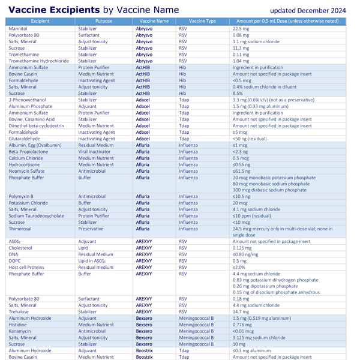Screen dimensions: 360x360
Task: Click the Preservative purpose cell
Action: [x=91, y=229]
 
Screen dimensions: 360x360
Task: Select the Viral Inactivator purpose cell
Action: [x=94, y=152]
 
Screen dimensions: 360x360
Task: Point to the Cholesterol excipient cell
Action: [x=21, y=247]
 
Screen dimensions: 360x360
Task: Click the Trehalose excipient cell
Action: [x=19, y=312]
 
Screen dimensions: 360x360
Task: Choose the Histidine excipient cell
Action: [x=19, y=325]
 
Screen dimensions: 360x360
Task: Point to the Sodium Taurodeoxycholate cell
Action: [x=38, y=215]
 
